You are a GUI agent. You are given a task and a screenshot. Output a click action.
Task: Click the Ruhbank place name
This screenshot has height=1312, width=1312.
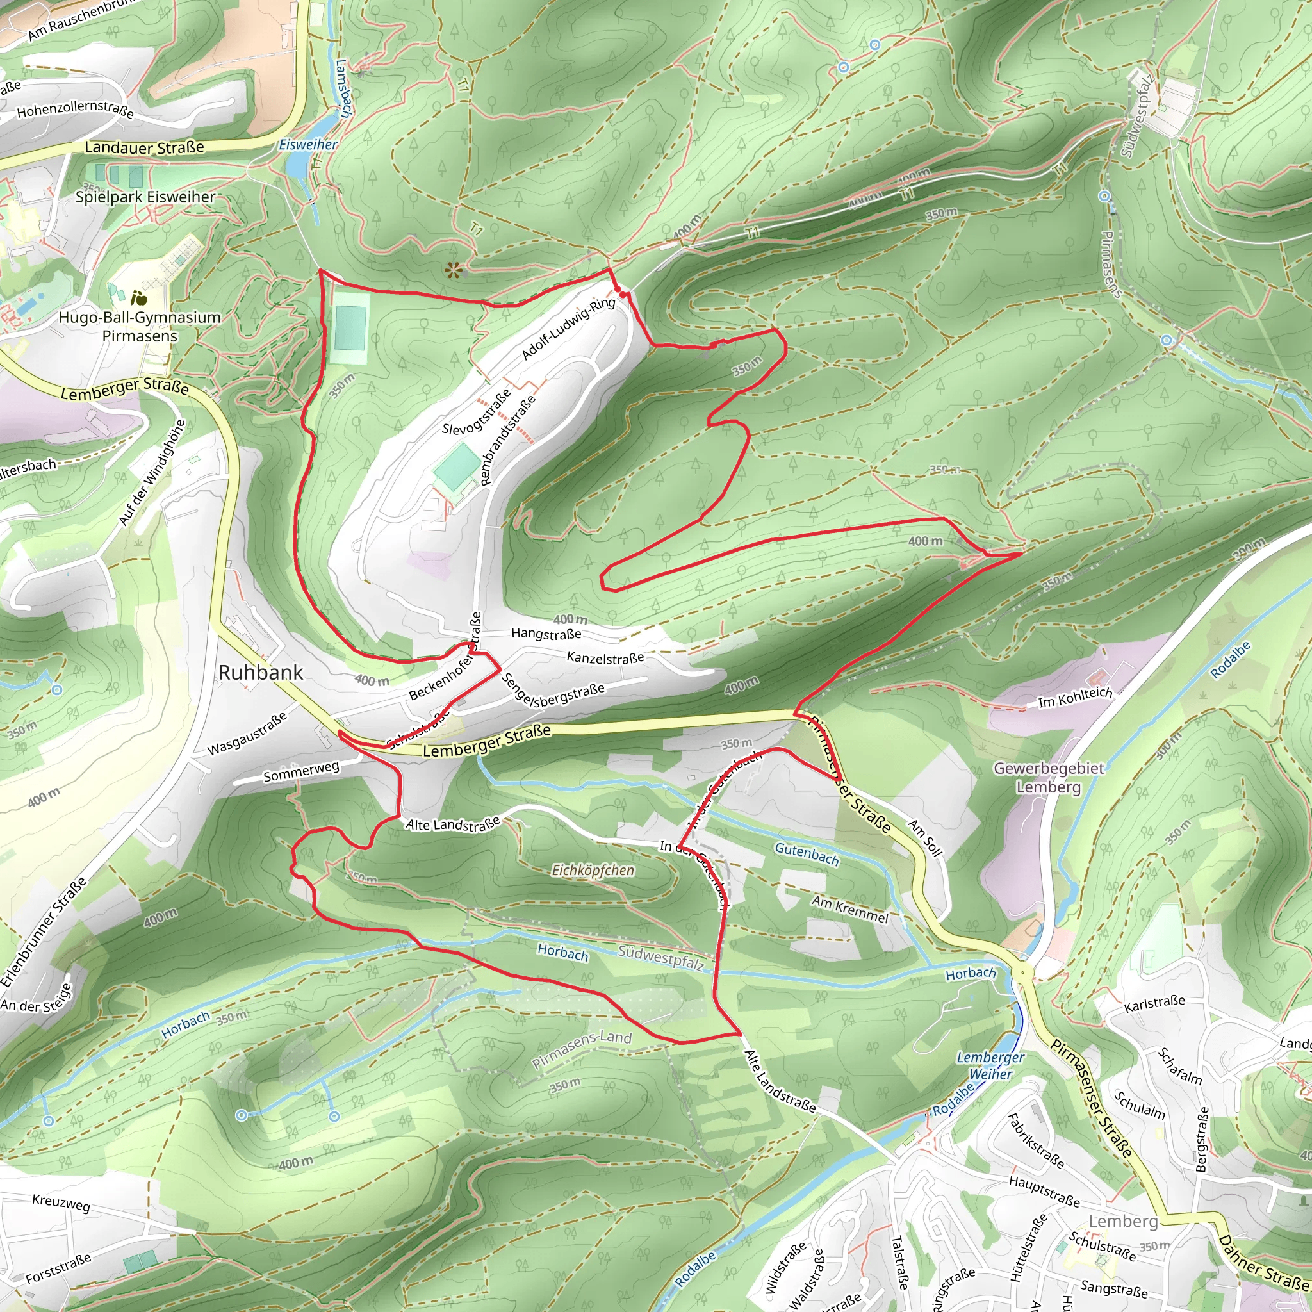tap(261, 672)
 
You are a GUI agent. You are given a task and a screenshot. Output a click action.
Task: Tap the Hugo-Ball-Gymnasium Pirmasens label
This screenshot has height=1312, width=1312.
tap(139, 327)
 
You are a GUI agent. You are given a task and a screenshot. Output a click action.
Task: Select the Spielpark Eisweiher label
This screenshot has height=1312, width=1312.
tap(145, 197)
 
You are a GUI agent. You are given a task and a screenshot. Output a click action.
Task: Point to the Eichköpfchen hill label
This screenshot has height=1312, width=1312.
tap(593, 870)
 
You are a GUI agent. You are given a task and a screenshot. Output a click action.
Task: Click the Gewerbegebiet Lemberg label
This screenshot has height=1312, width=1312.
tap(1049, 778)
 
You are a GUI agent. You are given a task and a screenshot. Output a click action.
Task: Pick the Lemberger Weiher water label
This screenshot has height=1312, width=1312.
tap(990, 1065)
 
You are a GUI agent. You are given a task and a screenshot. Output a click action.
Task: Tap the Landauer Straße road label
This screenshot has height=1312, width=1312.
tap(144, 147)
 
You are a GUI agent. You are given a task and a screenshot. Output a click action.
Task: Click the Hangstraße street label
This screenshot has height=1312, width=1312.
tap(546, 634)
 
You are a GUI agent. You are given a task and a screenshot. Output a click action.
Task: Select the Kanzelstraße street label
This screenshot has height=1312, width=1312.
tap(605, 657)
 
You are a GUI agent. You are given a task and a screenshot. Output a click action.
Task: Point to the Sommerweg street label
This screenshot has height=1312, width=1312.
tap(301, 771)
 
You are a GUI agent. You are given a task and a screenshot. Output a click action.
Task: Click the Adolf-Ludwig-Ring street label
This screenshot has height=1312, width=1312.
tap(568, 329)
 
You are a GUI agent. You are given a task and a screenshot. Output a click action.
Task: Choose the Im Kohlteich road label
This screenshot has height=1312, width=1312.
tap(1075, 697)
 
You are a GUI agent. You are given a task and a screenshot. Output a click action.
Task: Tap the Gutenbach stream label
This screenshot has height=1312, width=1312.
tap(807, 853)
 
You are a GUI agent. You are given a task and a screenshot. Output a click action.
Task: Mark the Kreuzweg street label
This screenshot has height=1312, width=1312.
tap(61, 1202)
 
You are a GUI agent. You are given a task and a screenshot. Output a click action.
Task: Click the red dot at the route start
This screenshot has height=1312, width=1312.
tap(622, 293)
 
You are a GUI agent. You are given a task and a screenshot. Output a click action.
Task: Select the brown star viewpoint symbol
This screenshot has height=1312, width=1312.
tap(454, 271)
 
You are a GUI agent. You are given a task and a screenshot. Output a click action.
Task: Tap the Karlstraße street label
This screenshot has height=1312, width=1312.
tap(1154, 1004)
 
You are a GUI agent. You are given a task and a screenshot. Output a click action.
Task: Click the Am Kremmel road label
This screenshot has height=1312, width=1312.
tap(849, 908)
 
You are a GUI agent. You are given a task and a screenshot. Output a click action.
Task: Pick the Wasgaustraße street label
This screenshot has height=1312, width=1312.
tap(247, 734)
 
